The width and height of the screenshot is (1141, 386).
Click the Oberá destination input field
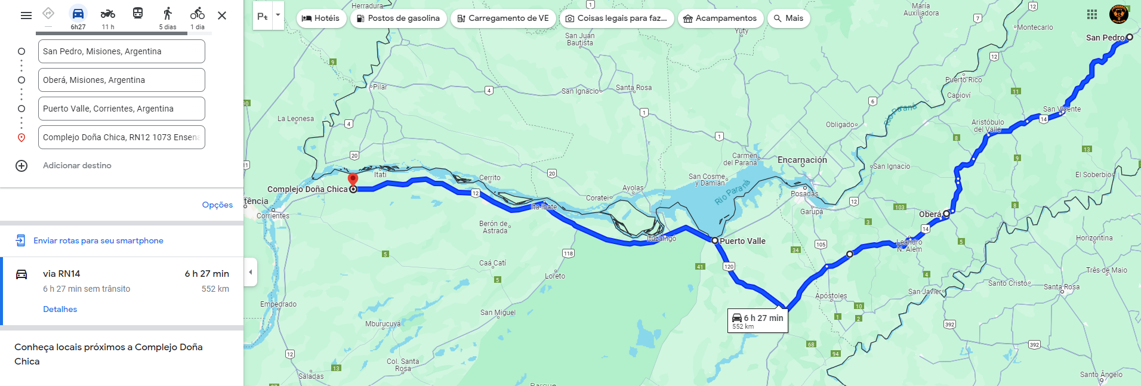[121, 80]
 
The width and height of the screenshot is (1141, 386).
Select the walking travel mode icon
[168, 14]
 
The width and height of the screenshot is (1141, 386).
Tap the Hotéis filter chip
[321, 18]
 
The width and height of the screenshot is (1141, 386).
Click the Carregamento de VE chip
[503, 18]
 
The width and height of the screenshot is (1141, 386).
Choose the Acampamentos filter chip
[720, 18]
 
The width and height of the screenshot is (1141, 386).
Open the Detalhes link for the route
[60, 309]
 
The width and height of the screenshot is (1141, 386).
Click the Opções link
[217, 205]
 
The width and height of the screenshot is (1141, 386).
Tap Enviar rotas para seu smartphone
[98, 240]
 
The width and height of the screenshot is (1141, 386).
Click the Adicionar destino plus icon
[21, 166]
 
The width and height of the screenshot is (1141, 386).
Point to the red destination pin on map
[353, 179]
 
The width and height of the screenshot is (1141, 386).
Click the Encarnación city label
[802, 160]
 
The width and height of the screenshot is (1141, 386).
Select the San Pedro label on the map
[1105, 38]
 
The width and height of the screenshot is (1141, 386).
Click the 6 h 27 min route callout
[758, 320]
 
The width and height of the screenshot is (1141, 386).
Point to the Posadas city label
[804, 194]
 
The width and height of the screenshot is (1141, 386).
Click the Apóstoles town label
[831, 296]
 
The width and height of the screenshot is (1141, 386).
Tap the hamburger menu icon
[26, 16]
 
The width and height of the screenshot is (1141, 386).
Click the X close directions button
[222, 16]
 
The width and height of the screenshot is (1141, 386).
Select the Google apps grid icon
[1091, 14]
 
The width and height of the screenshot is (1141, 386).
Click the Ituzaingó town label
[662, 239]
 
